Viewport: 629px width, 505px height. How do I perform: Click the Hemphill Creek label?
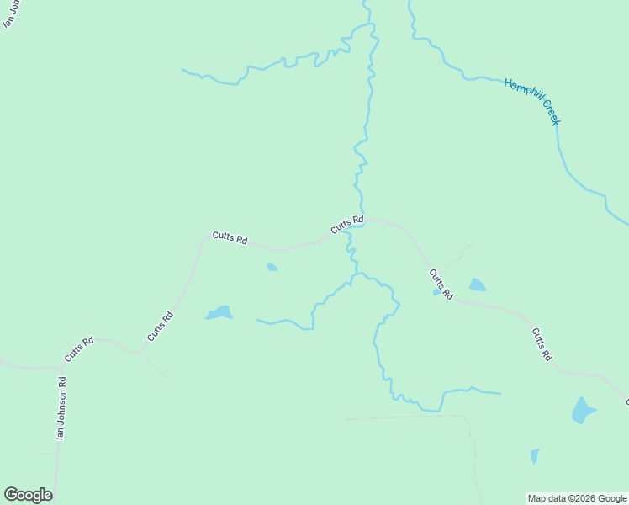click(532, 101)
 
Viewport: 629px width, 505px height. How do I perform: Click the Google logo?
click(28, 494)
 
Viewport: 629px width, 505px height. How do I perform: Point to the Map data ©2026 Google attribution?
click(577, 498)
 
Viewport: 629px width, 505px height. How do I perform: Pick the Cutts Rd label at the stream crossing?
click(346, 225)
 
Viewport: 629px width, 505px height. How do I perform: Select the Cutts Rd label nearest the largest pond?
click(541, 343)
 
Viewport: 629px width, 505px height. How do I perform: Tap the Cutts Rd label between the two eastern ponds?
click(441, 284)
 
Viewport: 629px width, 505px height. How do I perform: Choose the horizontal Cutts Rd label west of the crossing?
click(230, 238)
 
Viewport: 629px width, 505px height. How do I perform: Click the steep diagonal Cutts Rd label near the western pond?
click(160, 326)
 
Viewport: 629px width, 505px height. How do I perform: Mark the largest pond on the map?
click(583, 410)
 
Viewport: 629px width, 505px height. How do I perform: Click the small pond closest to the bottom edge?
click(535, 456)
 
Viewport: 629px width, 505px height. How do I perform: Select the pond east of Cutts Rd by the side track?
click(477, 284)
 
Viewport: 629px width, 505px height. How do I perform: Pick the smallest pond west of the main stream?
click(272, 267)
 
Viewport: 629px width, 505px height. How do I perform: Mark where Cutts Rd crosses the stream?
click(362, 219)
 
